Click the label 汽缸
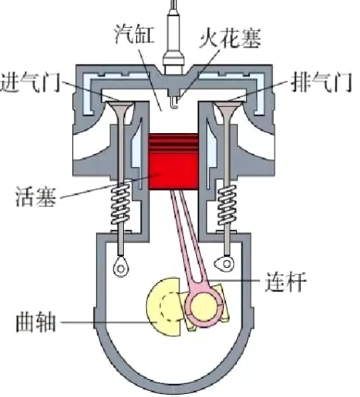tap(134, 34)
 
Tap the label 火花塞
tap(230, 38)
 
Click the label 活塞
tap(35, 196)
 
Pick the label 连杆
tap(285, 282)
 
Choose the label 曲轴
tap(35, 322)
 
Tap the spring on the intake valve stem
tap(120, 205)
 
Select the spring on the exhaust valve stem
tap(227, 205)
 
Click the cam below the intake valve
tap(121, 267)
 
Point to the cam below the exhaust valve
tap(225, 264)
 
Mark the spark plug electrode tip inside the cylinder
tap(174, 102)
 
